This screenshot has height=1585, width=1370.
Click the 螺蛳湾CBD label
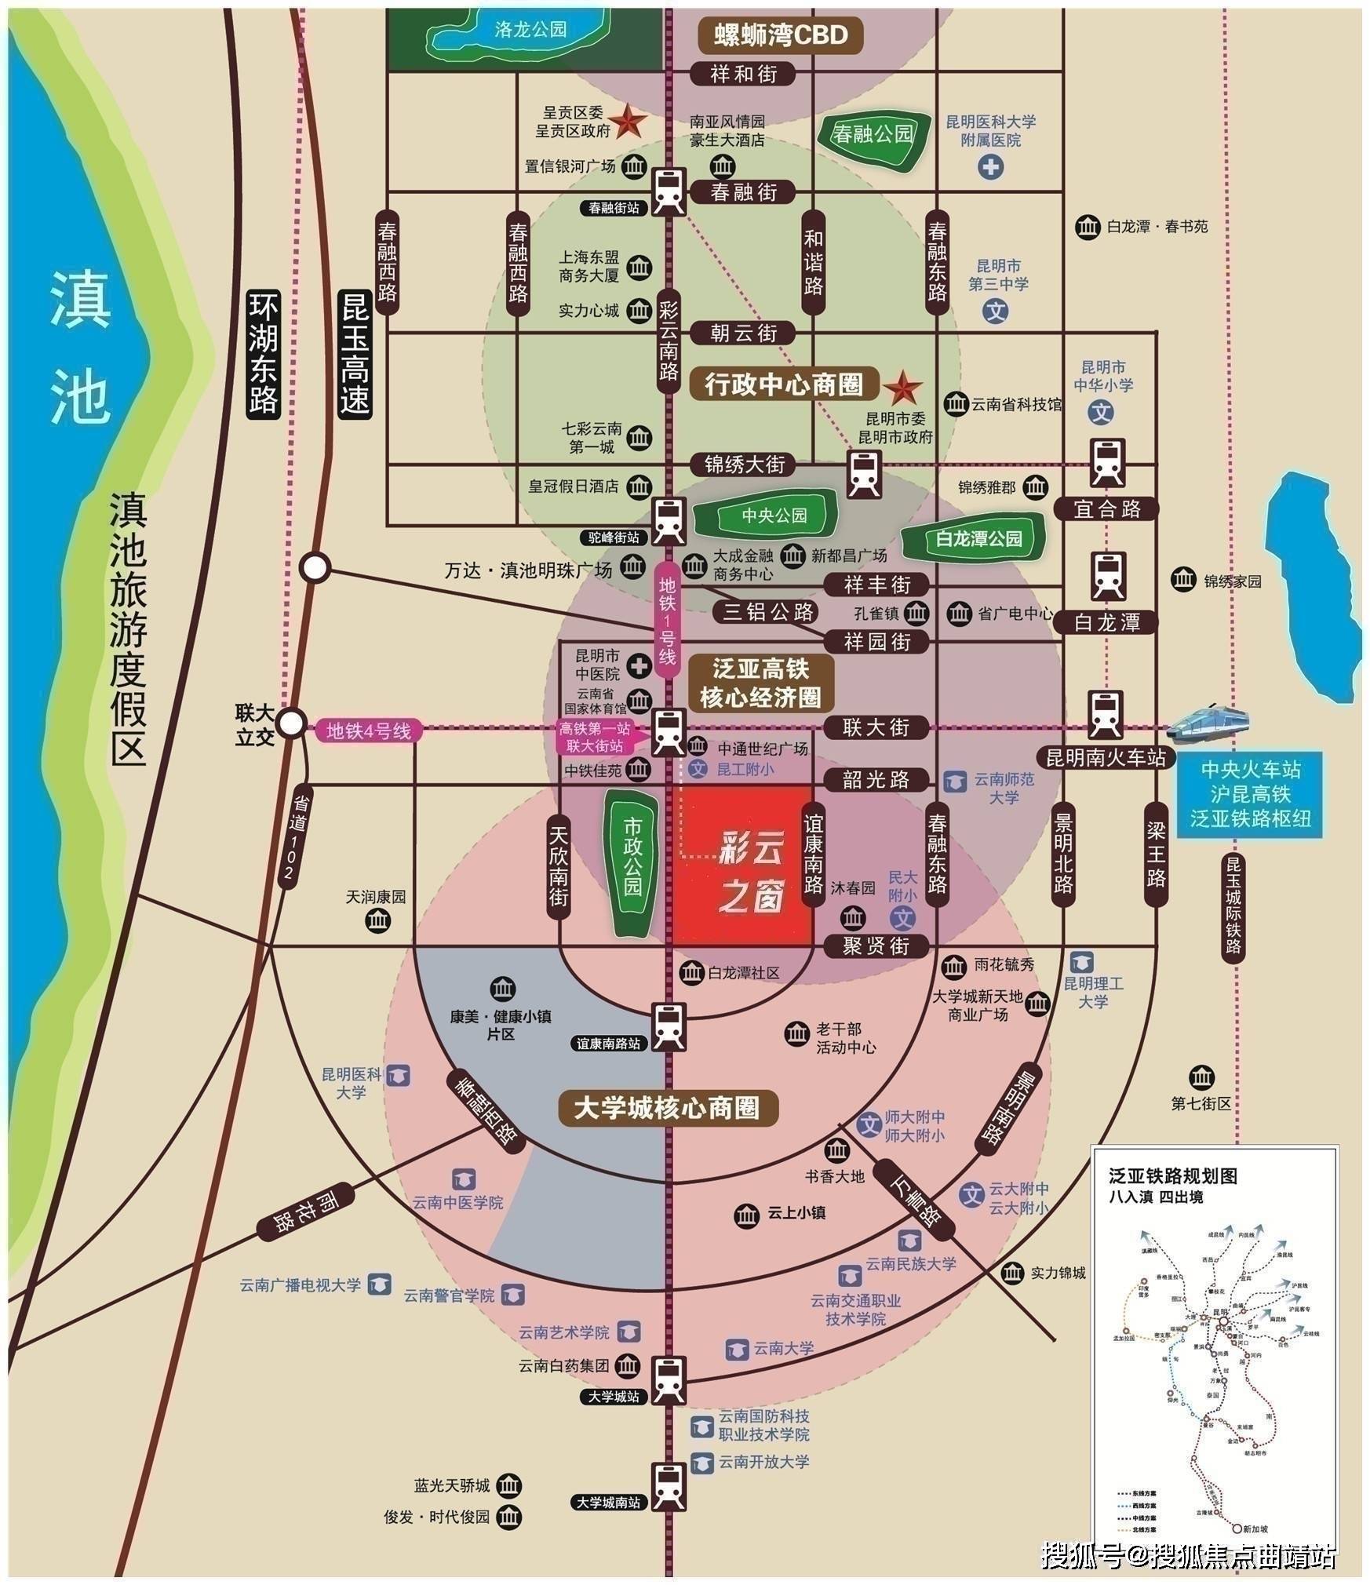click(x=781, y=35)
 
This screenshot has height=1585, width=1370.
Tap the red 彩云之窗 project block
click(x=744, y=864)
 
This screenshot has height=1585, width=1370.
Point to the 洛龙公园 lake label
click(x=530, y=30)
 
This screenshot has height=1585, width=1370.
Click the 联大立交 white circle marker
click(x=292, y=723)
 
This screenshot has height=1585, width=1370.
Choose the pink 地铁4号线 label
click(x=369, y=731)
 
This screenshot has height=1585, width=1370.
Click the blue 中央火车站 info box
click(x=1250, y=794)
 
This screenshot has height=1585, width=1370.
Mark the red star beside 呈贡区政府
click(x=629, y=122)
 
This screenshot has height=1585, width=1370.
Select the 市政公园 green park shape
click(x=632, y=864)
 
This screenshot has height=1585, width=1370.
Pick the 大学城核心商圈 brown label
click(x=667, y=1108)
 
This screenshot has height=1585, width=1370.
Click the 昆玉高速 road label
click(x=355, y=352)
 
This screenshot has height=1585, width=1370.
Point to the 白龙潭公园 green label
click(x=978, y=539)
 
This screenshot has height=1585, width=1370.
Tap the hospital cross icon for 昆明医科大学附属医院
click(x=991, y=167)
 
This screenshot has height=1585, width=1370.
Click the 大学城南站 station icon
click(x=669, y=1485)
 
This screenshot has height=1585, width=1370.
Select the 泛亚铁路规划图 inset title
click(x=1172, y=1176)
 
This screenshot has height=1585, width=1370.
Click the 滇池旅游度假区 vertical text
click(x=128, y=629)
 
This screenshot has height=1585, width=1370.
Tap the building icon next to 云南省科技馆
click(x=955, y=404)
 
